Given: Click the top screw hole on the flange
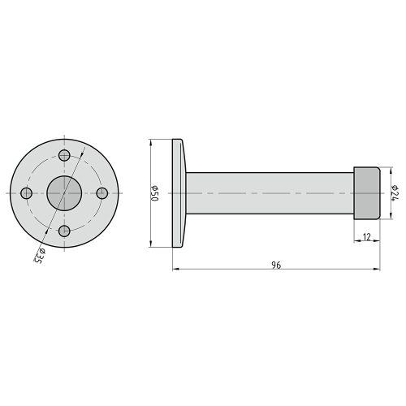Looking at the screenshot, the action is (64, 155).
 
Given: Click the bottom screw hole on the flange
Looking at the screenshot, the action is (64, 231).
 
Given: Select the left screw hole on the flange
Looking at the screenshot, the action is (27, 193).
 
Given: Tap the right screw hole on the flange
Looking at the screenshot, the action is (102, 193).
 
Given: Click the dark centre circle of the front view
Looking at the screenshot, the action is (64, 193).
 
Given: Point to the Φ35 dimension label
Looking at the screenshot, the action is (40, 256).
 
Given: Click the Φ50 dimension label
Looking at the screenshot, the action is (155, 193).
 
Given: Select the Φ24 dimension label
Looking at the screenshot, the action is (395, 193).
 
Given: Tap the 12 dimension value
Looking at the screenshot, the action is (367, 237).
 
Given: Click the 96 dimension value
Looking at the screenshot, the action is (276, 266).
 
